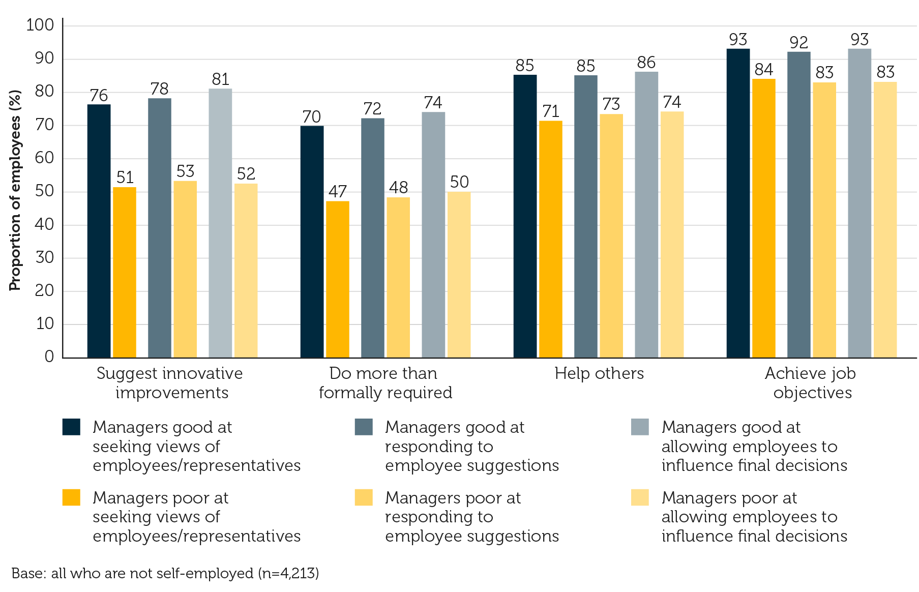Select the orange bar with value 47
[x=337, y=279]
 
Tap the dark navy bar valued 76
[x=99, y=231]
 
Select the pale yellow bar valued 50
[x=459, y=275]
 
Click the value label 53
[x=186, y=171]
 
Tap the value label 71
[x=551, y=111]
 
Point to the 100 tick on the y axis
[x=40, y=25]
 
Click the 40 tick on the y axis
[x=45, y=224]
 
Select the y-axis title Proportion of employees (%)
[x=15, y=190]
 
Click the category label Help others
[x=599, y=373]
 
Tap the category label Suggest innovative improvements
[x=170, y=382]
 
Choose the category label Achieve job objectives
[x=811, y=382]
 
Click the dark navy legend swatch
[x=71, y=427]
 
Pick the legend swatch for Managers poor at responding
[x=364, y=497]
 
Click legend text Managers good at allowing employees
[x=754, y=446]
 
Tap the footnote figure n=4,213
[x=288, y=573]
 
